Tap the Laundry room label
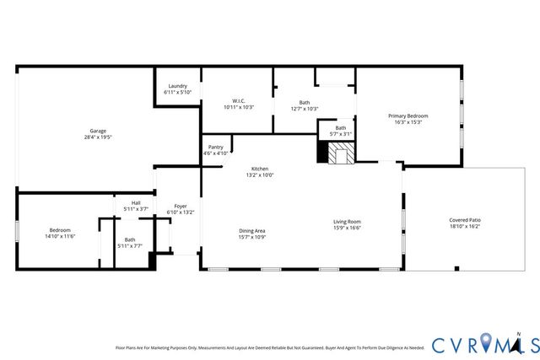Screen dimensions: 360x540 (x=177, y=85)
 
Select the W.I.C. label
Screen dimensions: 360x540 (x=239, y=101)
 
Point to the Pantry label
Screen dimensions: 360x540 (x=216, y=148)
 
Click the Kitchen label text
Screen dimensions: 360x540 (x=260, y=169)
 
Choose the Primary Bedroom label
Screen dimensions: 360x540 (x=408, y=116)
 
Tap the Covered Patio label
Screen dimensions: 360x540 (x=464, y=220)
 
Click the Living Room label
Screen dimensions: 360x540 (x=347, y=221)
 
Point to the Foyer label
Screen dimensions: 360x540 (x=181, y=206)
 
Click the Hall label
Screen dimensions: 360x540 (x=136, y=202)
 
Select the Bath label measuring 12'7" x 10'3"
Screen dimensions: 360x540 (x=304, y=102)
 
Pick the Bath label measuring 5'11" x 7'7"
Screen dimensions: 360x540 (x=130, y=239)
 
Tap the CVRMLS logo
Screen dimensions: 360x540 (x=476, y=344)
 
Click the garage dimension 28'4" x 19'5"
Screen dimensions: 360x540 (x=98, y=137)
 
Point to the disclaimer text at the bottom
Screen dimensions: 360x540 (x=269, y=347)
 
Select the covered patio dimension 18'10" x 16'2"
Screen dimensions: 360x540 (x=464, y=227)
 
